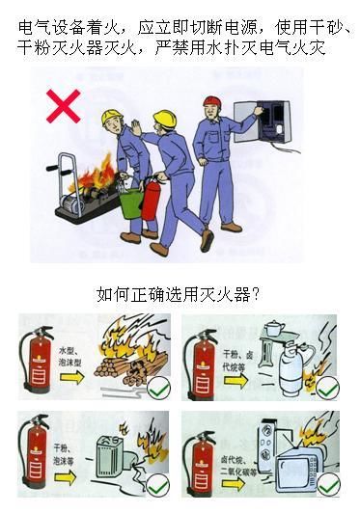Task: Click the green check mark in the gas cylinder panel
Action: [328, 388]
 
